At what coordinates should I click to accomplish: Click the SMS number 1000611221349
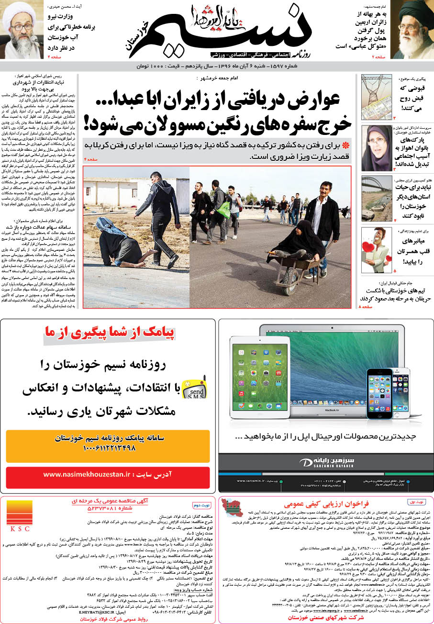[109, 448]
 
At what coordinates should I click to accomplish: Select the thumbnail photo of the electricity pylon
[376, 97]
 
